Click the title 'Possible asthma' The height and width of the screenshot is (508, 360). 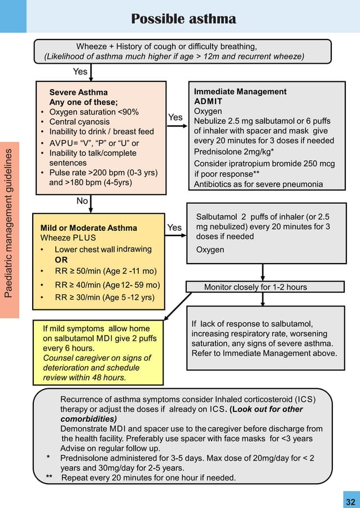click(183, 19)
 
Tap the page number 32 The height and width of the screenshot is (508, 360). click(350, 502)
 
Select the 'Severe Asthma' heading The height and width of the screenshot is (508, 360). click(78, 92)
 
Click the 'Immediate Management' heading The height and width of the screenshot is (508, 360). click(240, 91)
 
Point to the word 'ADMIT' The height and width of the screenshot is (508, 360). click(208, 102)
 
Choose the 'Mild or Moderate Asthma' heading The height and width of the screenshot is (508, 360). click(89, 228)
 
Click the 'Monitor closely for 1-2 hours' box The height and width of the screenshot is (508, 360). click(256, 287)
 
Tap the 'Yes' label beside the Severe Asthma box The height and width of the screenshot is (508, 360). click(175, 117)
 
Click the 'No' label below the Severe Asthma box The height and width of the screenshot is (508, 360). click(82, 201)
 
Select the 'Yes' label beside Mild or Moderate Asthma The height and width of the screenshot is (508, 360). click(175, 227)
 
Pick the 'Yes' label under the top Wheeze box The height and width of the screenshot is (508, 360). click(80, 72)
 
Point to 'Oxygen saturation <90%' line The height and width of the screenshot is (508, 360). click(94, 112)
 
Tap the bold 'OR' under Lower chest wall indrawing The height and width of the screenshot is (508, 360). click(61, 260)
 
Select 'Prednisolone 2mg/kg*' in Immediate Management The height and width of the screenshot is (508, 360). click(234, 152)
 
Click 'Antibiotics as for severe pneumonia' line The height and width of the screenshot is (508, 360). click(258, 184)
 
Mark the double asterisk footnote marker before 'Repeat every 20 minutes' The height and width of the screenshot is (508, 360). click(50, 478)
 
